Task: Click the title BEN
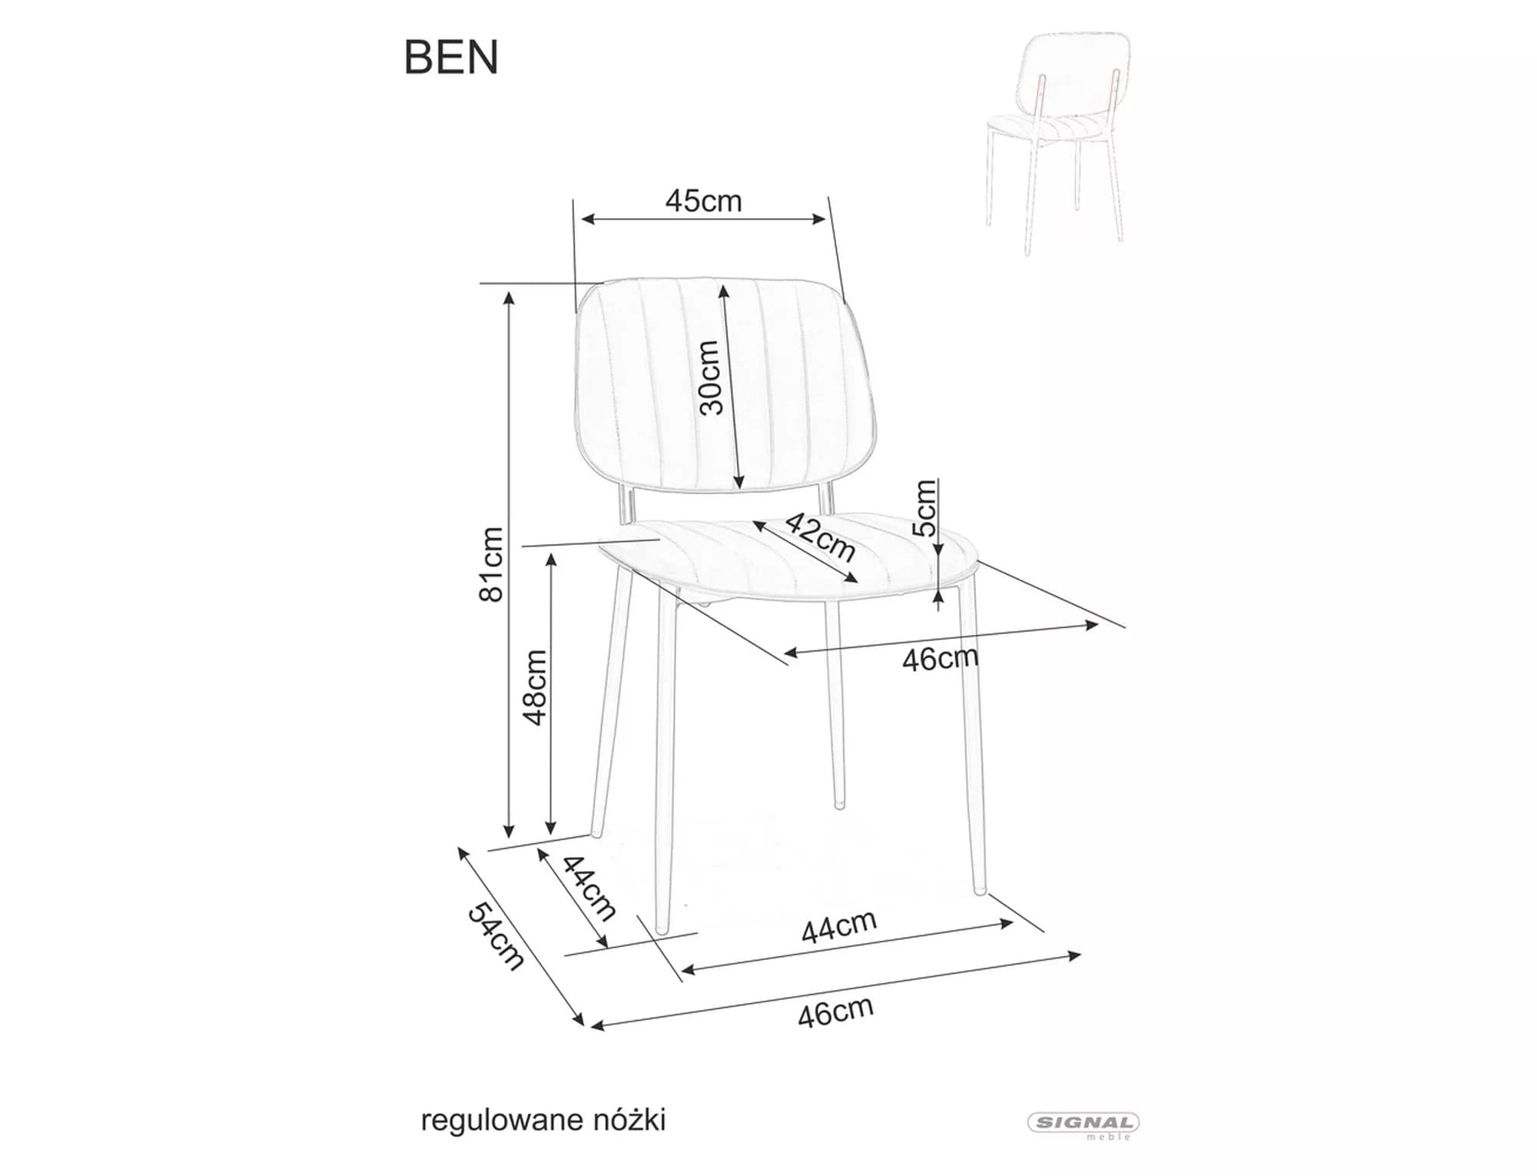click(x=451, y=58)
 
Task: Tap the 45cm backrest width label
click(x=703, y=201)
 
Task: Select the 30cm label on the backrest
click(x=711, y=377)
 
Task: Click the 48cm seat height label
click(x=535, y=687)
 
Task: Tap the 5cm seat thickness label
click(x=926, y=507)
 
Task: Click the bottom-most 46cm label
click(x=835, y=1012)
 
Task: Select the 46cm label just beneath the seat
click(x=940, y=659)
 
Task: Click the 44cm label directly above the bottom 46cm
click(x=838, y=926)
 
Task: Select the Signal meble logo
click(x=1084, y=1124)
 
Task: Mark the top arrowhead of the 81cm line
click(x=508, y=297)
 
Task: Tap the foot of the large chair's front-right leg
click(x=979, y=891)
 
